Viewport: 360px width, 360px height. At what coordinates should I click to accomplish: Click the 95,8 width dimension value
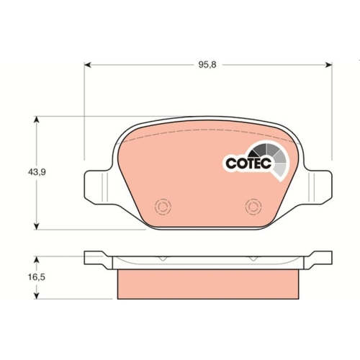tap(207, 65)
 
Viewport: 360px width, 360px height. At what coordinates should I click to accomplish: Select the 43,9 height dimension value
tap(37, 172)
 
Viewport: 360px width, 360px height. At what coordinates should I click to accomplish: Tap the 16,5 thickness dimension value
tap(37, 277)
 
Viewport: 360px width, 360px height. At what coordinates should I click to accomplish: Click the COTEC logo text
tap(248, 163)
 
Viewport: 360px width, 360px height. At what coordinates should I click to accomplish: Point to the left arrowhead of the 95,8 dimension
tap(88, 65)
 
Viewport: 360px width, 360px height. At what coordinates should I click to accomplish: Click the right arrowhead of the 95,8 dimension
tap(328, 65)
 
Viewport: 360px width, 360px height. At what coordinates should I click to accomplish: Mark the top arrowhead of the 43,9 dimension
tap(36, 120)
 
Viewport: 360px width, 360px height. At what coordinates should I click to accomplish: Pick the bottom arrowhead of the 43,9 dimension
tap(36, 226)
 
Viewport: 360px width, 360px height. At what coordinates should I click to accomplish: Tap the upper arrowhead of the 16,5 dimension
tap(36, 260)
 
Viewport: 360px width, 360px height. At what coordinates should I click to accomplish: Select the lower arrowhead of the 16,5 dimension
tap(36, 296)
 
